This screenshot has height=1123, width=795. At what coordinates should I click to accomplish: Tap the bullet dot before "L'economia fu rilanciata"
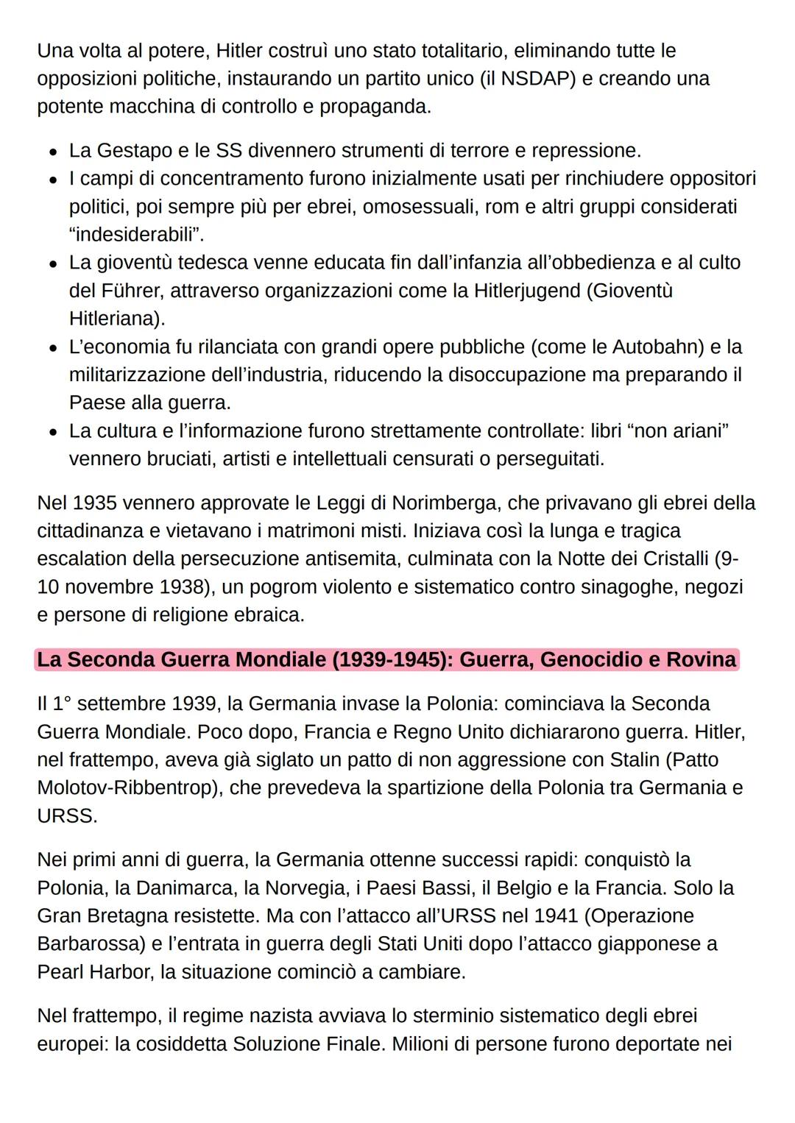pos(53,348)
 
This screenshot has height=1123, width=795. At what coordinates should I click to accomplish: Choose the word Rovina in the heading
pos(701,659)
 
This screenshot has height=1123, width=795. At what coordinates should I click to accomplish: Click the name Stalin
pos(638,759)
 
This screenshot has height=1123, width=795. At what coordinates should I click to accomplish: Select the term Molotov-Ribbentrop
pos(126,788)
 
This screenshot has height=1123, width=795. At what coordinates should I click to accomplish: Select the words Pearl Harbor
pos(96,972)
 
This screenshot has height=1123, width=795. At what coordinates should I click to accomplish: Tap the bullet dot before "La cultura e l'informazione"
pos(53,432)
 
